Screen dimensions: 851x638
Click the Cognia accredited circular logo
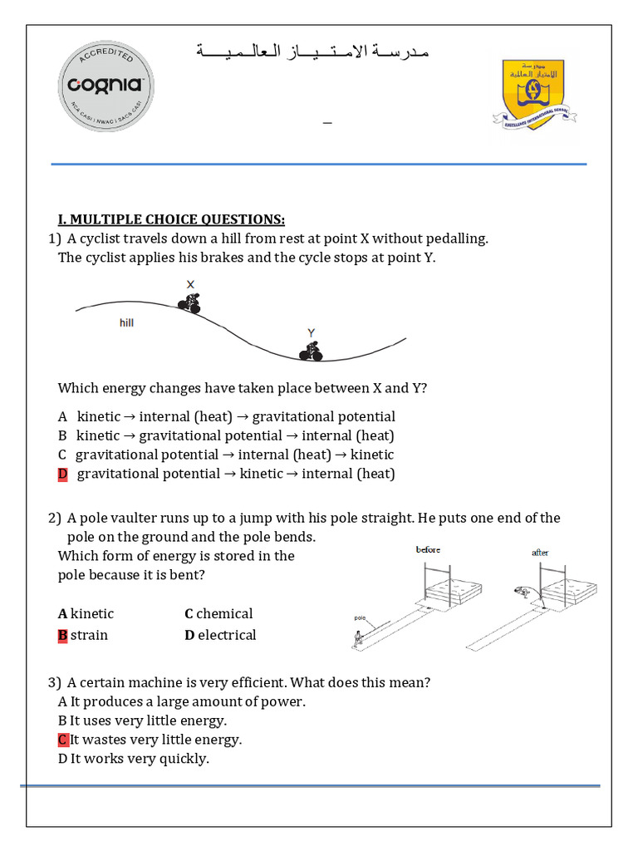coord(106,85)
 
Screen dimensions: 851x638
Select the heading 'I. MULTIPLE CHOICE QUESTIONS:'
coord(171,219)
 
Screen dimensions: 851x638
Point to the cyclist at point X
coord(191,302)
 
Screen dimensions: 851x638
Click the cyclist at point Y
coord(312,351)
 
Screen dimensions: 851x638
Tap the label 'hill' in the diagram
coord(126,322)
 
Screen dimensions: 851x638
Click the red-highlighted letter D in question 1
coord(62,474)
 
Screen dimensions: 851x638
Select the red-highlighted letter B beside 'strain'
coord(62,635)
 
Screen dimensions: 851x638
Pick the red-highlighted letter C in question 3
coord(62,739)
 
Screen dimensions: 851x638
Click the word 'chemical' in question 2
coord(224,613)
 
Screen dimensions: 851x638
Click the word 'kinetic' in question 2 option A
coord(92,613)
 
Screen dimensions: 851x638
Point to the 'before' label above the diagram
coord(428,550)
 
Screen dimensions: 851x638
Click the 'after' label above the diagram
coord(540,553)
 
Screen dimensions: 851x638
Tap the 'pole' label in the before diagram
coord(360,618)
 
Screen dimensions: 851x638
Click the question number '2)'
coord(55,518)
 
